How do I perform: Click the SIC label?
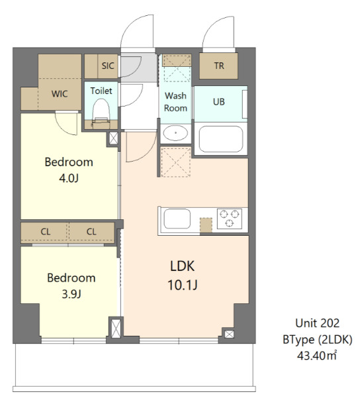108,66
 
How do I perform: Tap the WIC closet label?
60,94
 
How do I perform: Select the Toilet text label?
101,91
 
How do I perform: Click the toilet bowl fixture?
101,113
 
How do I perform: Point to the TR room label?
219,66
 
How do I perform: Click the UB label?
219,102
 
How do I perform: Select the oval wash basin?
175,133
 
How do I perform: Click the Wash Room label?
175,102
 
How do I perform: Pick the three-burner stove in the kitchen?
230,219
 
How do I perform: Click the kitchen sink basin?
177,219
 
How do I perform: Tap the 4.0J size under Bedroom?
69,178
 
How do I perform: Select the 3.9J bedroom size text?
71,294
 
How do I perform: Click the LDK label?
182,266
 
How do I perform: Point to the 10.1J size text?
182,285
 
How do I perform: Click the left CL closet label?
46,232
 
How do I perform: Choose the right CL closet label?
91,232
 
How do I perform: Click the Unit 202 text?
318,323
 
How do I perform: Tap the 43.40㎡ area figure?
317,356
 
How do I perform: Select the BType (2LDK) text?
318,340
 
